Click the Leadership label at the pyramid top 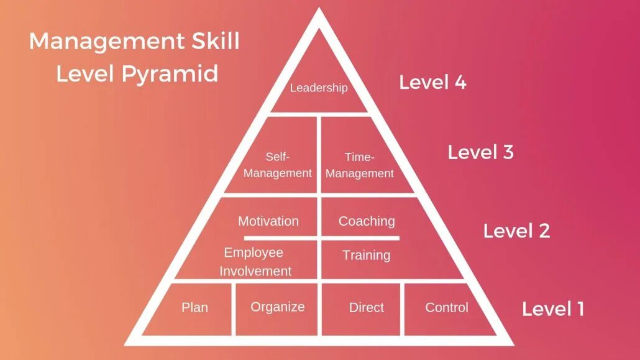319,88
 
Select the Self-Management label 278,165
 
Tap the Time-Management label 360,165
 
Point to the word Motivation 268,221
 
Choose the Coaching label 367,221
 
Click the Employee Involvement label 255,262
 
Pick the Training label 367,255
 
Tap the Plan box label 194,307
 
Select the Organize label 278,307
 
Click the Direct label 367,307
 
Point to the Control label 447,307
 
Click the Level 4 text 432,82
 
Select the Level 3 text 480,152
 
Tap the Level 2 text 516,231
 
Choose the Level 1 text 553,309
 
